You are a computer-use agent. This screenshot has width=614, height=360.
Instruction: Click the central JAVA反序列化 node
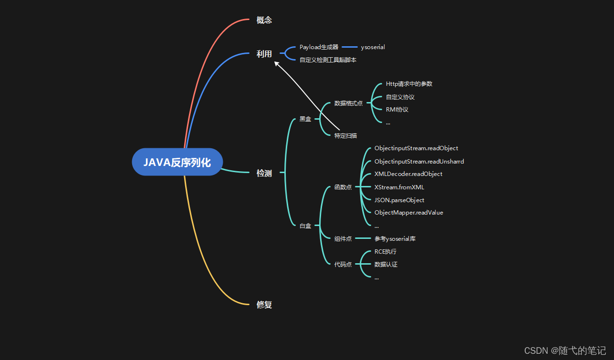coord(177,162)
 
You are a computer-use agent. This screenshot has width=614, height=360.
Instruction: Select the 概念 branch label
coord(264,20)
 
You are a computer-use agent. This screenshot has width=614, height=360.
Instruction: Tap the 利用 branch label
coord(264,54)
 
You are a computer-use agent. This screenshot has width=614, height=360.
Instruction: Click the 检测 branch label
coord(264,173)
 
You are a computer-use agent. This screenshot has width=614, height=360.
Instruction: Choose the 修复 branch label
coord(264,304)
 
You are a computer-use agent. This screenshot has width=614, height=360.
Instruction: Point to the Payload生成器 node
coord(319,47)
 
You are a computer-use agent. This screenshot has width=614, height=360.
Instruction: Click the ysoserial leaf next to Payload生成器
coord(373,47)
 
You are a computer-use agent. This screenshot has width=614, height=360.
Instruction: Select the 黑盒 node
coord(305,119)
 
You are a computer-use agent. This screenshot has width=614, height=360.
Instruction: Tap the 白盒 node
coord(305,226)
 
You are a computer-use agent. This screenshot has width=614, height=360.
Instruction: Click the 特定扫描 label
coord(345,135)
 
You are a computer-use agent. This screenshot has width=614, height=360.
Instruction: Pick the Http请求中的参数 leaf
coord(409,84)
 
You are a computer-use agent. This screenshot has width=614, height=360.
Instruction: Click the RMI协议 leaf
coord(397,109)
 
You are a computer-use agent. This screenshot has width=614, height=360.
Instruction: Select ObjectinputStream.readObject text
coord(416,148)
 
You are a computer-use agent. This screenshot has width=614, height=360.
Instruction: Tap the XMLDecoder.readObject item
coord(408,174)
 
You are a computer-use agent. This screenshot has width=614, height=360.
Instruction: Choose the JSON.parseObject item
coord(399,200)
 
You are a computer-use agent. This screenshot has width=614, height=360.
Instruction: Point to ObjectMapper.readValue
coord(408,213)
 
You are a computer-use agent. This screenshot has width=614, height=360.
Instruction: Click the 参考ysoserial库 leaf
coord(398,238)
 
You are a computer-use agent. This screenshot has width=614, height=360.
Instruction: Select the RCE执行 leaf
coord(385,251)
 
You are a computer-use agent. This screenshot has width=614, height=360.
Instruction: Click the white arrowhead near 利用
coord(276,63)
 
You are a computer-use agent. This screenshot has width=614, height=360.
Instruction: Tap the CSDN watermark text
coord(565,350)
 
